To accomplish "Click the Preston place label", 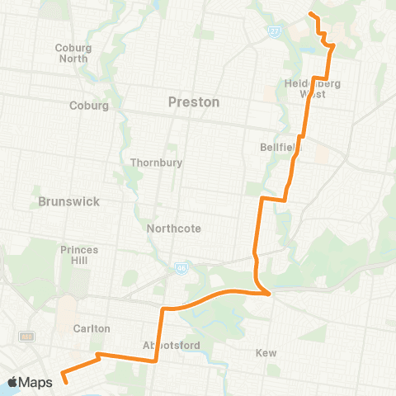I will [194, 102].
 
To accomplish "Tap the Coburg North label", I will [73, 53].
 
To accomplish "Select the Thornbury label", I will [156, 163].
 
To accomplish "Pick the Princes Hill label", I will [79, 254].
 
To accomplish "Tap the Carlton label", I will [91, 328].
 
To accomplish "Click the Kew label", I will [266, 352].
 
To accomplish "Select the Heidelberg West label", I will [313, 89].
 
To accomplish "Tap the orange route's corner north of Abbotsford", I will [163, 309].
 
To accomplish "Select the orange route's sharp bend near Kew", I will [268, 293].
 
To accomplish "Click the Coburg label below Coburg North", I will [83, 106].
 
